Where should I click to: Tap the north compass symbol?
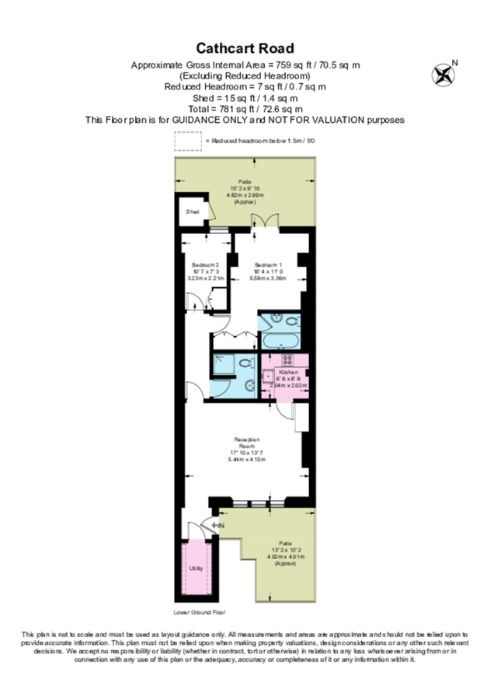point(443,75)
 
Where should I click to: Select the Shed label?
point(191,212)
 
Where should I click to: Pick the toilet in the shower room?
point(244,363)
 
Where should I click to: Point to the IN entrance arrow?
point(218,527)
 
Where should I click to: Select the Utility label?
point(197,569)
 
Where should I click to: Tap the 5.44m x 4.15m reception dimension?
point(247,459)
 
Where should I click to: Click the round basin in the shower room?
point(248,386)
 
